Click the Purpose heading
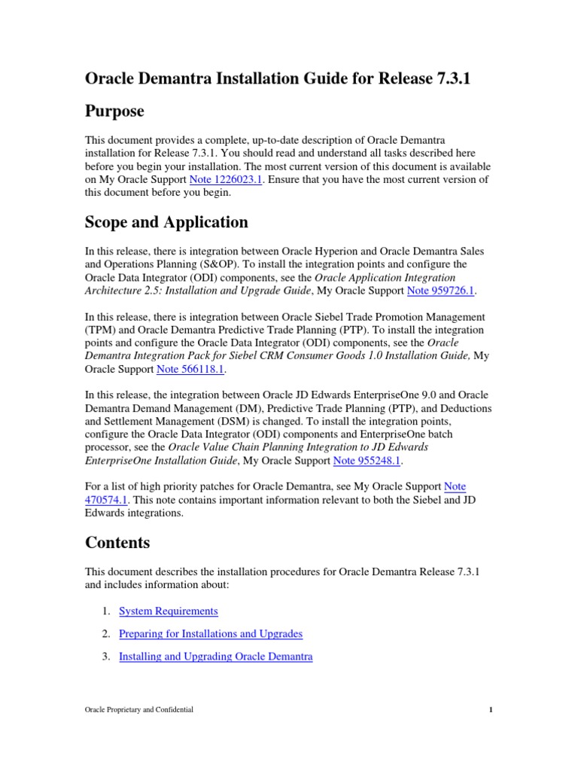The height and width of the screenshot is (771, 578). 114,111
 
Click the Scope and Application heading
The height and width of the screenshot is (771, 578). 166,222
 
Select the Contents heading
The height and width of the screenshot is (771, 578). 117,542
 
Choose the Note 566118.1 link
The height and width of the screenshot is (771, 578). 191,369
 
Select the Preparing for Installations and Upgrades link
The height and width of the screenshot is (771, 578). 211,633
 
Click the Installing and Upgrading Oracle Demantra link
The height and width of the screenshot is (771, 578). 216,656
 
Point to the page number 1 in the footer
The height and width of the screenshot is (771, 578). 490,709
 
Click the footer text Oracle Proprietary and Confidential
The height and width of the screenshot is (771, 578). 139,709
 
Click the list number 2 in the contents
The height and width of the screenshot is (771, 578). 106,633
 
